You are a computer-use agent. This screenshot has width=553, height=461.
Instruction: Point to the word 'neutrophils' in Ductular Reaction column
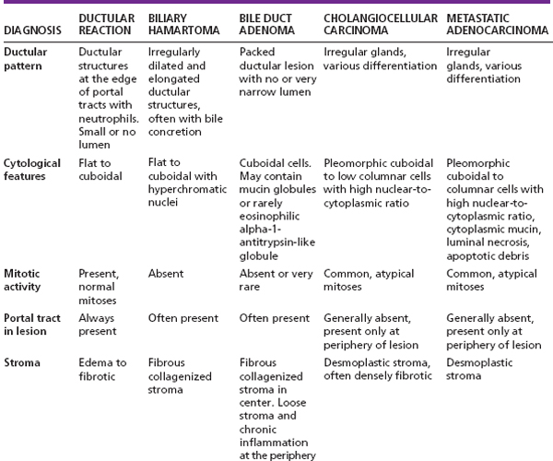click(x=109, y=119)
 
